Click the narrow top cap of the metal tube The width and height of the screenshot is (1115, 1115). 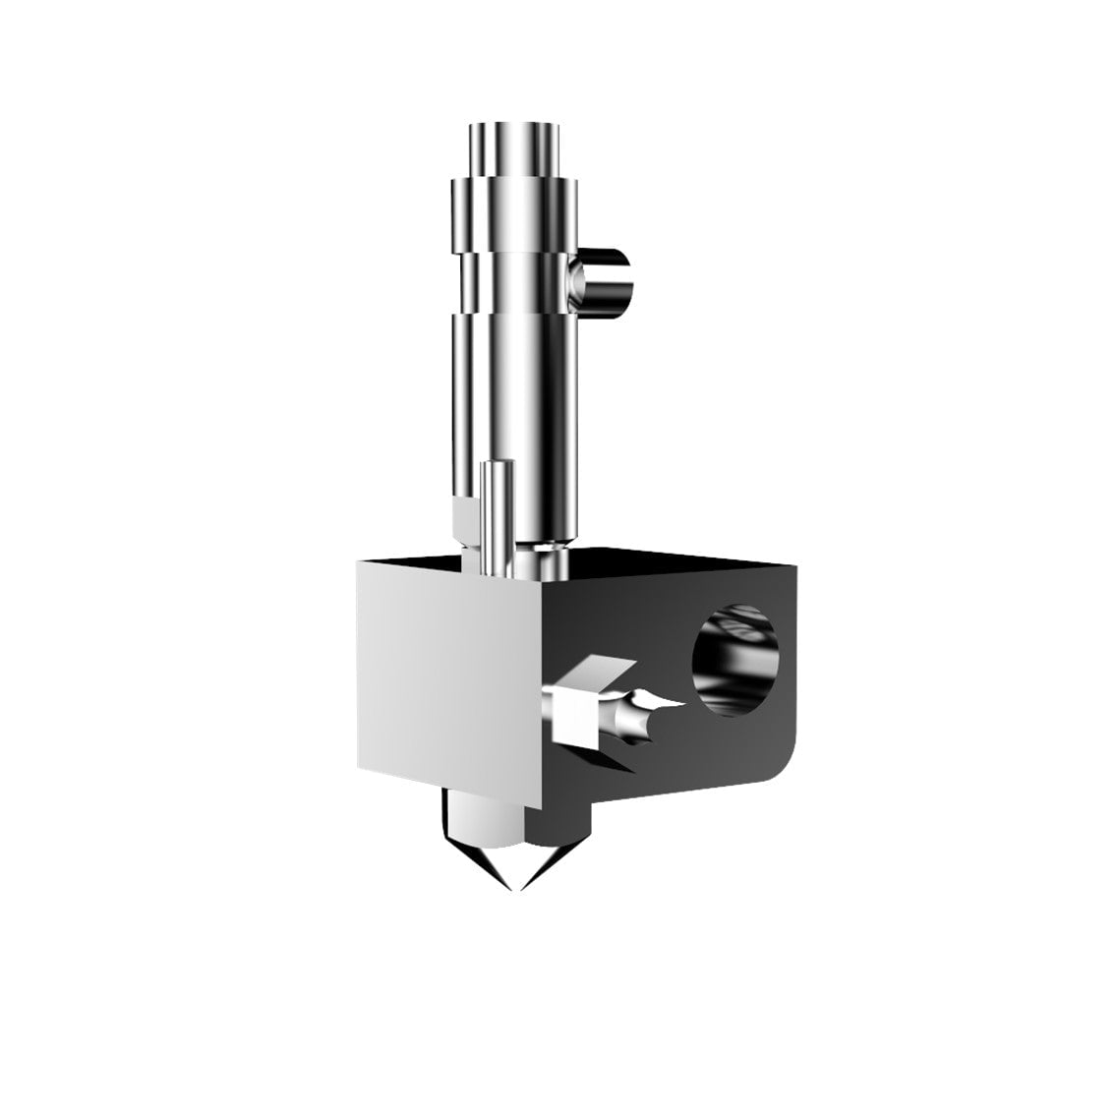[515, 147]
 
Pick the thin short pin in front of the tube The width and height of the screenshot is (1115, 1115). [495, 516]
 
